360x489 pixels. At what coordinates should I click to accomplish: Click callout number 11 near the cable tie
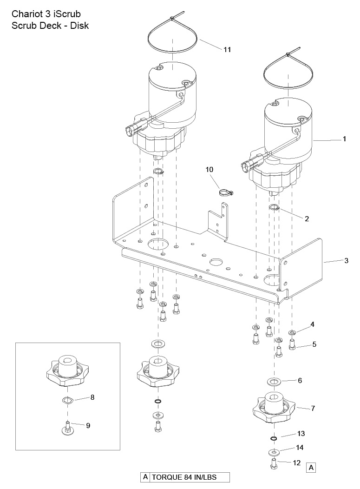(x=227, y=50)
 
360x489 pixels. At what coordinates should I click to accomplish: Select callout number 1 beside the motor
(x=344, y=139)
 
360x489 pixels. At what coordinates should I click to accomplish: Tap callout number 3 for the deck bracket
(x=346, y=260)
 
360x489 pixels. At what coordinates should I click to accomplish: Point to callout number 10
(x=209, y=169)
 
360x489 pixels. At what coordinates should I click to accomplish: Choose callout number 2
(x=307, y=218)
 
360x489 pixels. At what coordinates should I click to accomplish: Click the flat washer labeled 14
(x=274, y=452)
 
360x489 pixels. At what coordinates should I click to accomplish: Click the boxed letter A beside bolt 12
(x=311, y=468)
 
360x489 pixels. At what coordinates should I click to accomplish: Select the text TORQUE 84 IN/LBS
(x=184, y=477)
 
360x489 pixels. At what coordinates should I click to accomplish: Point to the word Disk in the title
(x=79, y=26)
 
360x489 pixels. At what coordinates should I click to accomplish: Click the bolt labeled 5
(x=292, y=345)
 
